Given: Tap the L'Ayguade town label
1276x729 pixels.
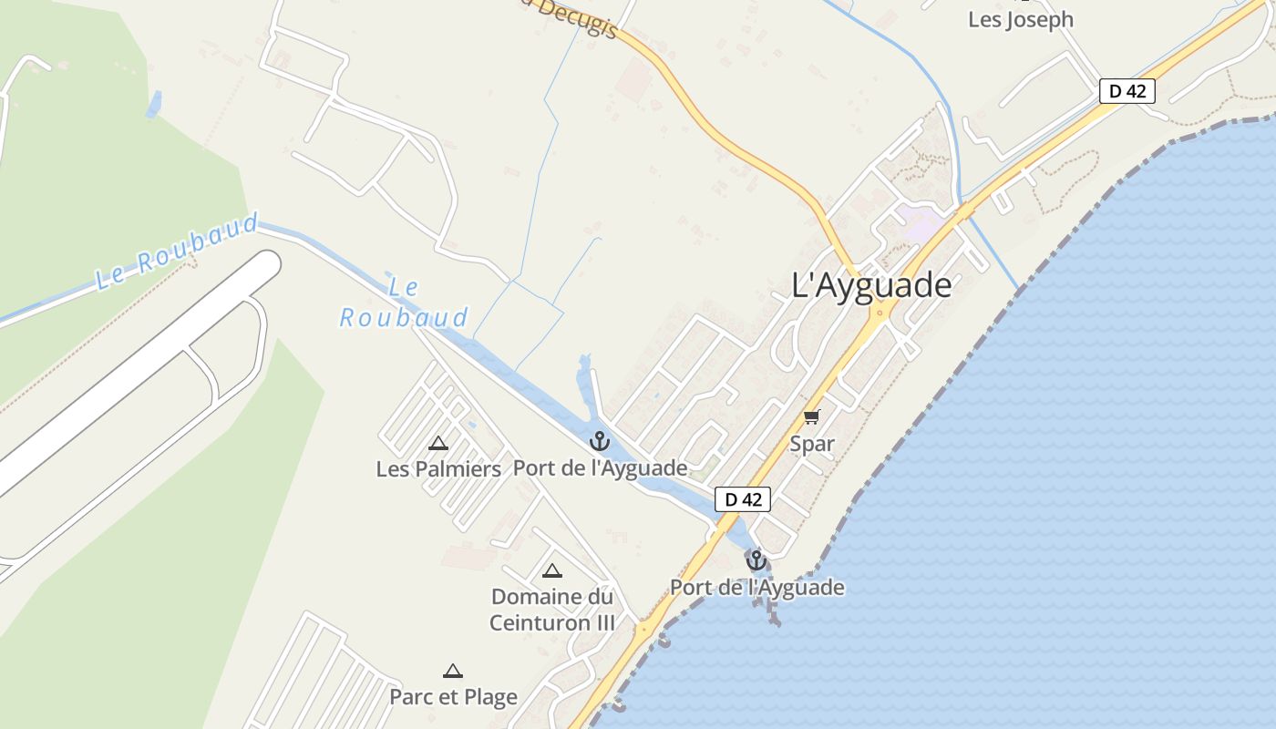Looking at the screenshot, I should tap(871, 285).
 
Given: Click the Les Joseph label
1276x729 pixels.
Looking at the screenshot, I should tap(1020, 19).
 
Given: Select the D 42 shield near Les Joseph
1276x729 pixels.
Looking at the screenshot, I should tap(1127, 91).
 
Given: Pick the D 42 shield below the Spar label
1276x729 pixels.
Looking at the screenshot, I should tap(743, 499).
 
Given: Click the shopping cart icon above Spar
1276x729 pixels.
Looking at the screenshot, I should tap(811, 417).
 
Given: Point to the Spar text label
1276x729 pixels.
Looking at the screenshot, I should tap(812, 444).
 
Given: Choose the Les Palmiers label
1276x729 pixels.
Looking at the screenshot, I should tap(438, 468).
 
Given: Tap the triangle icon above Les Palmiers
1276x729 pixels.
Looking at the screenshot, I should tap(438, 444).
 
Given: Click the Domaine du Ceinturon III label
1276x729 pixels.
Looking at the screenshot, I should tap(551, 610).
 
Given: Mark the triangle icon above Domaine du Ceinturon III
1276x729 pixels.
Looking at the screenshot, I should tap(551, 571).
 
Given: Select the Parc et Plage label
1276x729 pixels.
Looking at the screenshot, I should tap(453, 696).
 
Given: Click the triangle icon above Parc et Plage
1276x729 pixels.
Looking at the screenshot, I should tap(453, 672).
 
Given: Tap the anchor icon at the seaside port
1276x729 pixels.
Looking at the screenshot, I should tap(756, 560).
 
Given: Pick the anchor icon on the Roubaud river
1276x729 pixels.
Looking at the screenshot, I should tap(599, 442).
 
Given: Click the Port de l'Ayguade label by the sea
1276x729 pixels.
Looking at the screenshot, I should tap(756, 587).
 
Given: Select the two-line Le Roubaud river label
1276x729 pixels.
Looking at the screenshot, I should tap(404, 303).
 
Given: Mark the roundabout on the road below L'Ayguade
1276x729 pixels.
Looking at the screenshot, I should tap(880, 313).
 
